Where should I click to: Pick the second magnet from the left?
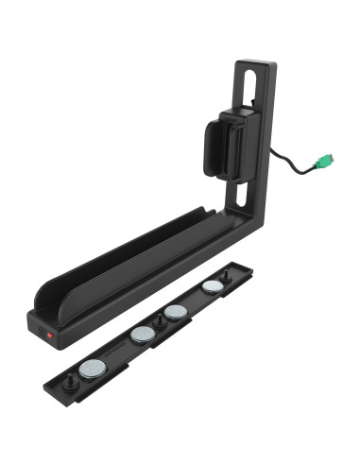click(x=142, y=334)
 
